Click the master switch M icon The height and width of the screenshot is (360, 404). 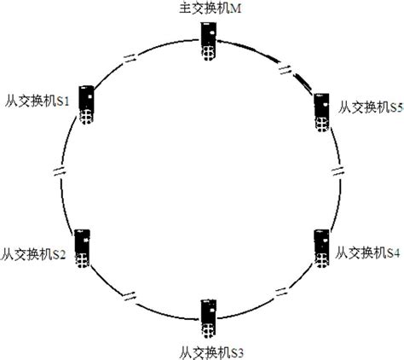click(x=209, y=42)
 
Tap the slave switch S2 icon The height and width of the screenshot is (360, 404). click(x=83, y=248)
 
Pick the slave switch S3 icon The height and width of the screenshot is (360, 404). click(x=209, y=319)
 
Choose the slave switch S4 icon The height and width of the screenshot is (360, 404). click(x=322, y=248)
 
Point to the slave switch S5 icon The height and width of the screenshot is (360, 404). click(x=322, y=113)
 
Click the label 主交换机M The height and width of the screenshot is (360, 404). click(x=211, y=9)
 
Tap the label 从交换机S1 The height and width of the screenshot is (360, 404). click(x=37, y=101)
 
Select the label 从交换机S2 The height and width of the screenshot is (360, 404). click(x=33, y=253)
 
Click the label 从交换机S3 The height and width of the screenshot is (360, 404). click(x=211, y=353)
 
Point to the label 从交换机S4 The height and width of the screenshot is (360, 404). click(x=367, y=253)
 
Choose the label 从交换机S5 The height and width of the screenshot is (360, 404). click(x=371, y=107)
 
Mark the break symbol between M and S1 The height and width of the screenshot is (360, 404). click(x=130, y=59)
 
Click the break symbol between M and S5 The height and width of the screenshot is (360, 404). click(x=285, y=70)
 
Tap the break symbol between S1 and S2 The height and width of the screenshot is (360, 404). click(x=60, y=171)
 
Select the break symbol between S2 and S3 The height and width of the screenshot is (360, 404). click(x=130, y=296)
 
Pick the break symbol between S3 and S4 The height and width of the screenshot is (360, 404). click(x=282, y=292)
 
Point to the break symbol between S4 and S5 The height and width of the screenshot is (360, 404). click(x=338, y=171)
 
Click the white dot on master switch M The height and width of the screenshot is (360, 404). click(x=211, y=33)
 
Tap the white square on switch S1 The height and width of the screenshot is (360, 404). click(x=90, y=96)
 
